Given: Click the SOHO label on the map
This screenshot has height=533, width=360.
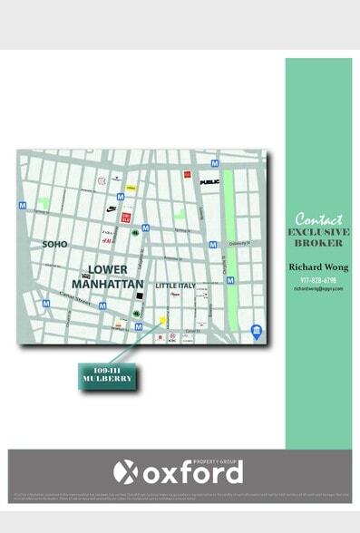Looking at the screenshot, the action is [54, 244].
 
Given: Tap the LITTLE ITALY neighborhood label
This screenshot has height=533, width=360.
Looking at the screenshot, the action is [175, 286].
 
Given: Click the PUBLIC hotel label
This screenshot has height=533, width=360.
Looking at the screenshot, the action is [209, 182].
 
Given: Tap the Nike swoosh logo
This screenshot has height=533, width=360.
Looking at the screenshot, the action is [111, 208].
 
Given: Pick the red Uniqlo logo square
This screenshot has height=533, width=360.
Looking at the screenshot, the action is [127, 217].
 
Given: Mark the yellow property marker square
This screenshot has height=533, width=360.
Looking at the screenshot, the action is [163, 319].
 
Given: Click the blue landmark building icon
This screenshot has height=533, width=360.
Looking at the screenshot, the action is [257, 329].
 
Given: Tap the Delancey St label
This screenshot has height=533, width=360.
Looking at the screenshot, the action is [237, 242].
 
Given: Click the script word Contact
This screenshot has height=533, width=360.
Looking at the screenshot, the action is [318, 218].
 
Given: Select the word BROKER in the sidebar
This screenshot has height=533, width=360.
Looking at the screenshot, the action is [318, 244].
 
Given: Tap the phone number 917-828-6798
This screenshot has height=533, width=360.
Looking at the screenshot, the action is [318, 280].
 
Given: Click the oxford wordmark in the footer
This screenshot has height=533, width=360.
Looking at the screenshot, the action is [191, 472].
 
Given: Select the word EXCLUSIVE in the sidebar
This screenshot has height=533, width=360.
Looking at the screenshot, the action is [318, 232].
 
